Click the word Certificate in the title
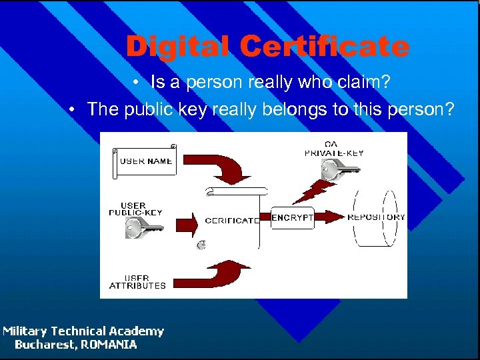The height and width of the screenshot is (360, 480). pos(324,47)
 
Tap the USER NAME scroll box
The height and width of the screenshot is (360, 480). pos(145,161)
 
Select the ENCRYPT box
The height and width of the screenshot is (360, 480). pos(292,217)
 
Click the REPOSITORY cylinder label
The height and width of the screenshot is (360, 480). pos(376,217)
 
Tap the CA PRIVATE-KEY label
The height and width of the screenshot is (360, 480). pos(334,149)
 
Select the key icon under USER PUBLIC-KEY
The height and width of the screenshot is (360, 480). pos(142,229)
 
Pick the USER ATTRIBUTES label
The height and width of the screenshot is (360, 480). pos(137,281)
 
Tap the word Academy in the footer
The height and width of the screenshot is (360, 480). pos(137,331)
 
